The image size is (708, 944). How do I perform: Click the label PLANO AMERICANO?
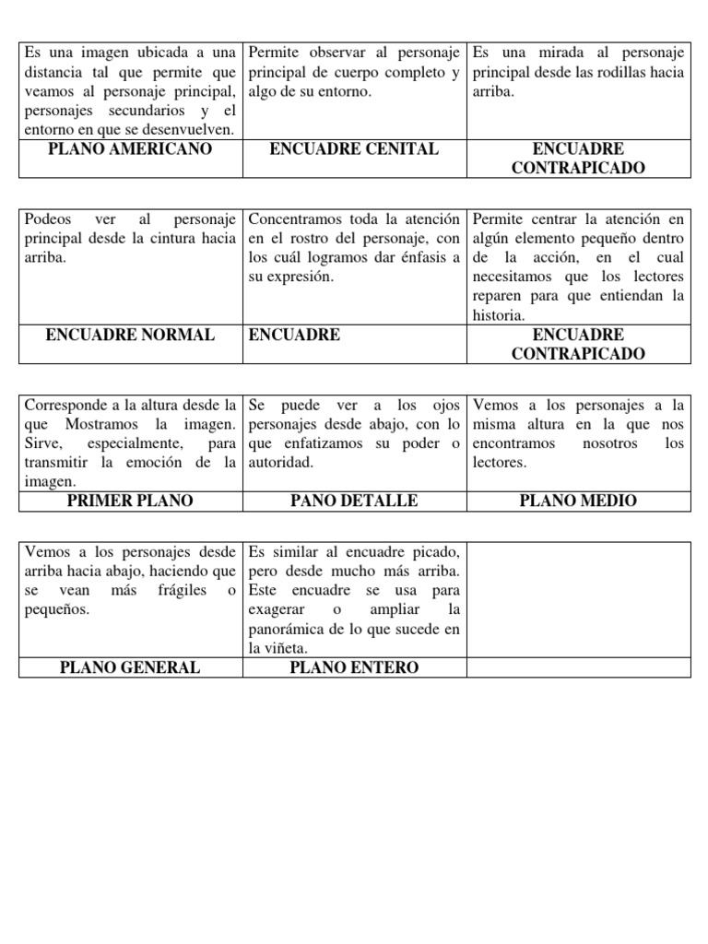pyautogui.click(x=130, y=149)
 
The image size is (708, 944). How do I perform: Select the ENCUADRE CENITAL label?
pyautogui.click(x=354, y=149)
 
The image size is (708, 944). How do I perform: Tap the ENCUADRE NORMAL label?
pyautogui.click(x=130, y=335)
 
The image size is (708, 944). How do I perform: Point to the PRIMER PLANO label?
pyautogui.click(x=130, y=501)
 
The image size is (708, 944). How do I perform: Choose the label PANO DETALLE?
pyautogui.click(x=354, y=501)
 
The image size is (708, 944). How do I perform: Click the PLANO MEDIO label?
pyautogui.click(x=578, y=501)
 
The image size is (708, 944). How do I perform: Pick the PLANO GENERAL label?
pyautogui.click(x=130, y=667)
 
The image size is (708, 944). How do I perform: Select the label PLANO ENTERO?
pyautogui.click(x=354, y=667)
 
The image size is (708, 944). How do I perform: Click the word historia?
pyautogui.click(x=499, y=315)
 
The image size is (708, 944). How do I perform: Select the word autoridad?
pyautogui.click(x=281, y=462)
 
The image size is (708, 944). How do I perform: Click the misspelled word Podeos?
pyautogui.click(x=47, y=219)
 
